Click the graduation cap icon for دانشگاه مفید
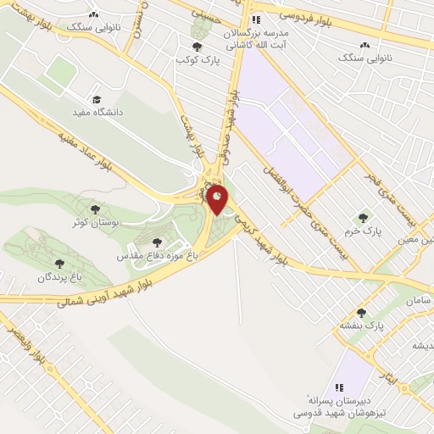pos(96,99)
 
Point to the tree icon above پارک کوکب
pos(198,47)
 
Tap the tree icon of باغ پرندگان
pos(59,264)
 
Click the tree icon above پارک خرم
pos(366,218)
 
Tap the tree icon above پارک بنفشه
pos(361,313)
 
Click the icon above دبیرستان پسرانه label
pos(340,386)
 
